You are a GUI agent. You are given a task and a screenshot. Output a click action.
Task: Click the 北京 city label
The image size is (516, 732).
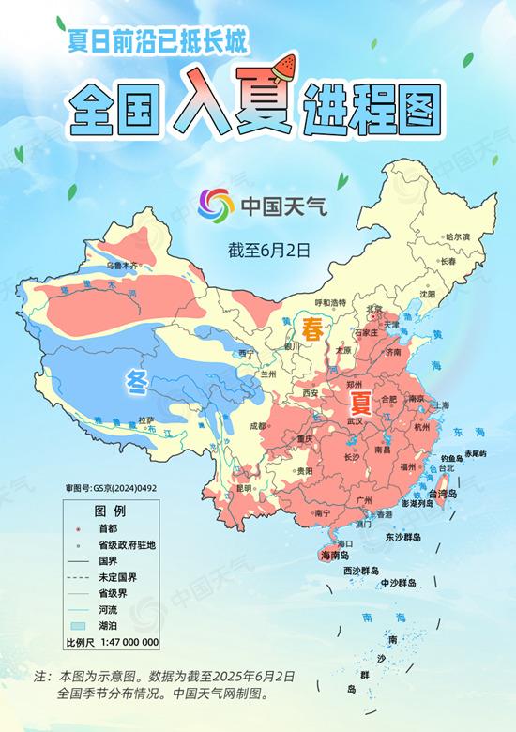click(x=374, y=309)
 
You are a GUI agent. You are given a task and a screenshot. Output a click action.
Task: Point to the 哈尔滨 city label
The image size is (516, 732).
click(x=457, y=237)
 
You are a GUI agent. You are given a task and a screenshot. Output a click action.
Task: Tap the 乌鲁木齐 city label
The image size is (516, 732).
click(x=121, y=266)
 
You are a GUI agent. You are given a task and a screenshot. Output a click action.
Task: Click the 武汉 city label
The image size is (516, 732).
click(x=356, y=423)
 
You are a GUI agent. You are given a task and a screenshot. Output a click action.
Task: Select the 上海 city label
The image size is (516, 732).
click(x=439, y=405)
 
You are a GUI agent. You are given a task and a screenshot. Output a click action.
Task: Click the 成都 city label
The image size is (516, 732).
click(x=258, y=426)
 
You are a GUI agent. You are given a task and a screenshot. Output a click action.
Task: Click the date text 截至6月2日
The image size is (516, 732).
click(x=268, y=251)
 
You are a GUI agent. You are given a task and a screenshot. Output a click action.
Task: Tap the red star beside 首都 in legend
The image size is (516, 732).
click(x=80, y=529)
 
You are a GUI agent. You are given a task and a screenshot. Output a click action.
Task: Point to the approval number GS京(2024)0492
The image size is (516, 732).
click(x=111, y=489)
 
